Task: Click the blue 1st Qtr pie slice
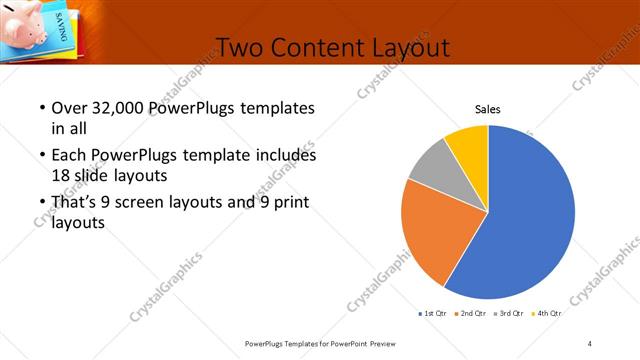pyautogui.click(x=530, y=220)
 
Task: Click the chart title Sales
pyautogui.click(x=487, y=110)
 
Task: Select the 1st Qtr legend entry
pyautogui.click(x=434, y=314)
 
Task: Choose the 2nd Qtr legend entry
pyautogui.click(x=473, y=314)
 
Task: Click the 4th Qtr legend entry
pyautogui.click(x=547, y=314)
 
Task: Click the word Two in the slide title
pyautogui.click(x=240, y=47)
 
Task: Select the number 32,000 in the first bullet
pyautogui.click(x=113, y=108)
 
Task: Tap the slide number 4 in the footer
pyautogui.click(x=590, y=343)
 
